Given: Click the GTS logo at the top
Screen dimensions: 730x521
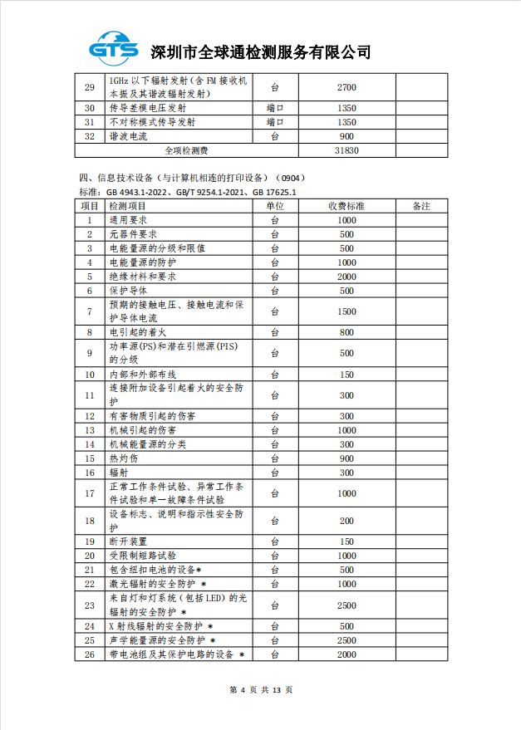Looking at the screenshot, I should click(x=116, y=49).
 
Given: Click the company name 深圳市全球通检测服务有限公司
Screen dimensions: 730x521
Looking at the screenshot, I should click(x=259, y=52).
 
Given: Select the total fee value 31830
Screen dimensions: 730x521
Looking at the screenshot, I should click(x=347, y=150).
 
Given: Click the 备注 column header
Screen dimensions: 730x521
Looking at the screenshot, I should click(x=420, y=206).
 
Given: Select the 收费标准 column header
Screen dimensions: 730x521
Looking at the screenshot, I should click(x=347, y=206).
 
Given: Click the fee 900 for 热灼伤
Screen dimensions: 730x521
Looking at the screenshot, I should click(x=347, y=458).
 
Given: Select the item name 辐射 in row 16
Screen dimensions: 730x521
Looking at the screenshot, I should click(x=118, y=473).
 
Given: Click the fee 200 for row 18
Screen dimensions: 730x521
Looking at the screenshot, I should click(x=347, y=521).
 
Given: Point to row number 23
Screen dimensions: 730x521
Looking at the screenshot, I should click(x=90, y=605).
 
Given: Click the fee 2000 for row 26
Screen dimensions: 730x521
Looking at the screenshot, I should click(x=347, y=654).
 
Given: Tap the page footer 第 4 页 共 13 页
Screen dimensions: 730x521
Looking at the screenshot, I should click(x=260, y=690).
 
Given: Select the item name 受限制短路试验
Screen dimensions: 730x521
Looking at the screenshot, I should click(x=142, y=556).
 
